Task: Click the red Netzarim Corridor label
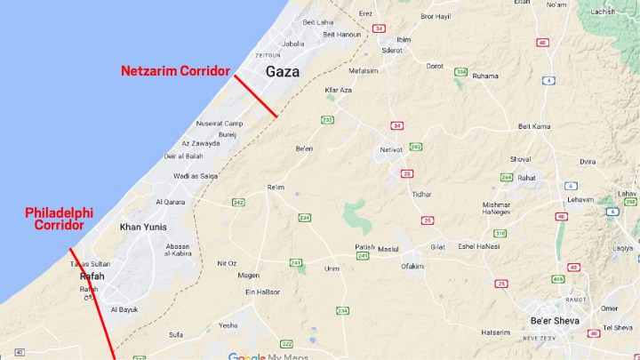(176, 70)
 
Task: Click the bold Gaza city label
(282, 71)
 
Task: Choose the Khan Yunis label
(143, 228)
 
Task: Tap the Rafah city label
(92, 276)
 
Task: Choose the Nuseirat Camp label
(219, 123)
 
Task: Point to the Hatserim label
(496, 332)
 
